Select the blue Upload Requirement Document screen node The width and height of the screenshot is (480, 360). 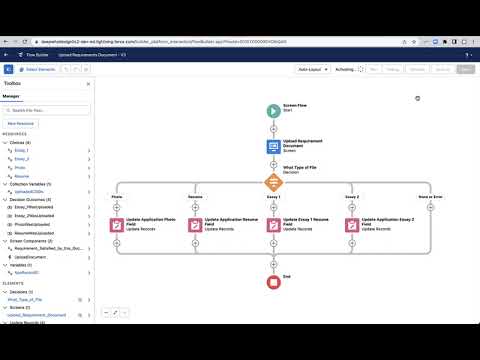pyautogui.click(x=273, y=146)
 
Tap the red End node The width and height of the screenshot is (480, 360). pyautogui.click(x=273, y=283)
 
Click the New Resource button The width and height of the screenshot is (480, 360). pyautogui.click(x=22, y=122)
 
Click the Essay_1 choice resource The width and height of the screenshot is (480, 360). pyautogui.click(x=20, y=150)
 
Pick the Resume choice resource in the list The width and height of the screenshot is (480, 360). pyautogui.click(x=20, y=176)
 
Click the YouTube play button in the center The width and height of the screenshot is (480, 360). pyautogui.click(x=240, y=180)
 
